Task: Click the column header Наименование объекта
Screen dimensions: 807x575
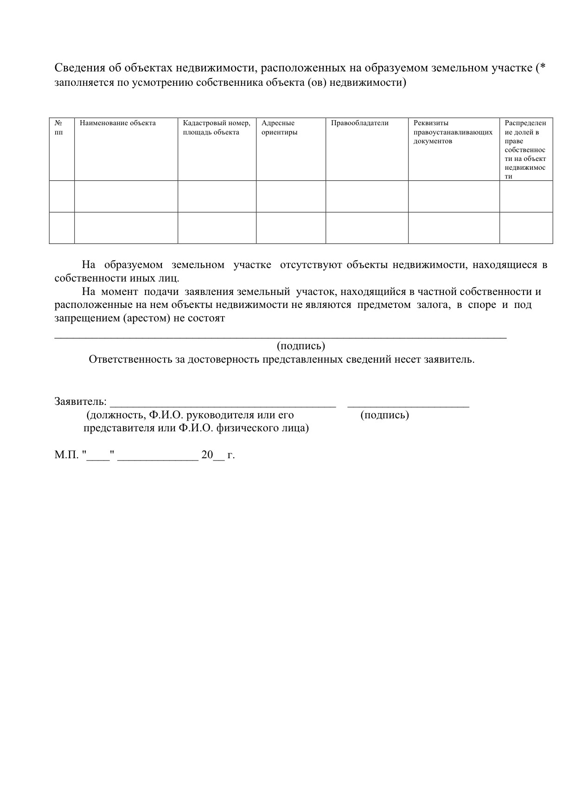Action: pos(118,123)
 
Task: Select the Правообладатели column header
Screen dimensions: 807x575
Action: pos(360,123)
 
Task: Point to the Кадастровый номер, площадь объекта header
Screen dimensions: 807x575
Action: pos(217,128)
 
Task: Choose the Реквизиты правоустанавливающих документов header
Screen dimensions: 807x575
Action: pos(453,132)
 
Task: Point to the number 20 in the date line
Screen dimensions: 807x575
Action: pos(207,455)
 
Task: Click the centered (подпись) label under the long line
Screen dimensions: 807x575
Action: pos(301,346)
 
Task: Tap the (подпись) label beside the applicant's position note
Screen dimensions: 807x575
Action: pos(384,415)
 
